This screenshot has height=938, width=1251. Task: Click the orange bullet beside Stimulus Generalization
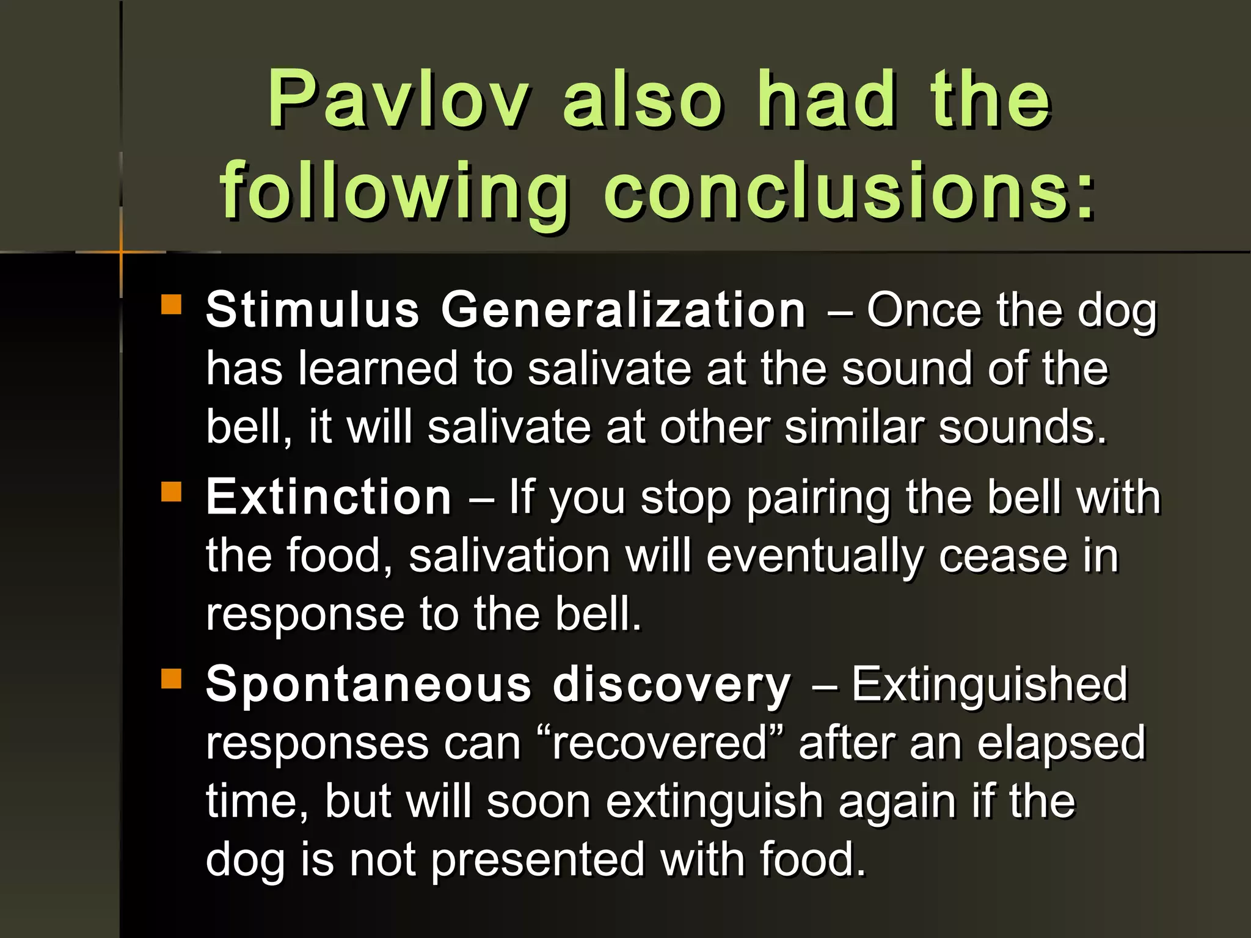point(172,305)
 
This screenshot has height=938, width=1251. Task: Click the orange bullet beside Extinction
point(172,492)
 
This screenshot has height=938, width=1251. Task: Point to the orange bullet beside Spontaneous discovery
point(172,678)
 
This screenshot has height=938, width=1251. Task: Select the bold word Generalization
point(624,310)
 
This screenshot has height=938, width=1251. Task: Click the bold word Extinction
point(329,497)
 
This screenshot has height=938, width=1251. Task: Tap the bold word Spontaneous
point(369,684)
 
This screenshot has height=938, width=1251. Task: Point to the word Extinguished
point(990,684)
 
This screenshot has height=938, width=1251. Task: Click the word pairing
point(819,498)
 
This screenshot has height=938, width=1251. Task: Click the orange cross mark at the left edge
point(121,251)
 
